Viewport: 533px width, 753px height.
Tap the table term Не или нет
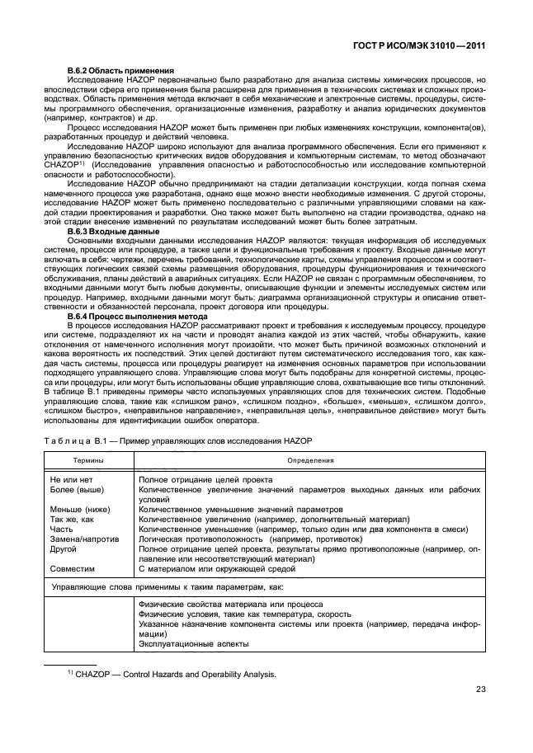tap(73, 479)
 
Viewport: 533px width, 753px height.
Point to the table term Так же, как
tap(74, 519)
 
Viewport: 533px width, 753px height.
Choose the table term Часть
tap(63, 529)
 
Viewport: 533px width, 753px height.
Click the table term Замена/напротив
tap(85, 539)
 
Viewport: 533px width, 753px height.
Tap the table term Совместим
tap(73, 568)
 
